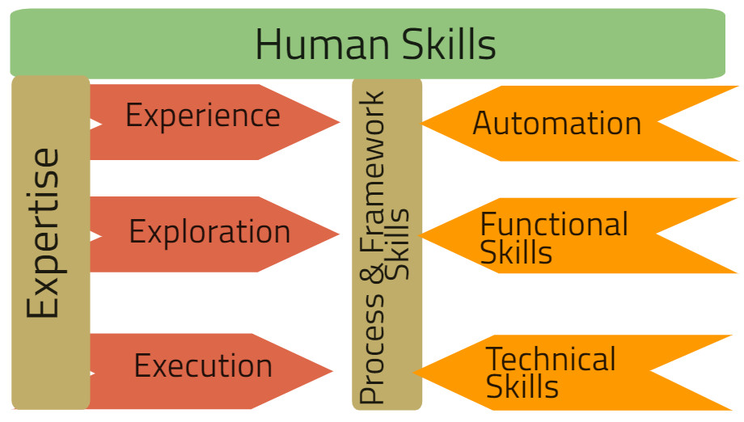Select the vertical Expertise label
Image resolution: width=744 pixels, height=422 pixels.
point(44,233)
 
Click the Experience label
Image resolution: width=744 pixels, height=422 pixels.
point(202,116)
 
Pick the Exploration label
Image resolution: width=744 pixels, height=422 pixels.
point(209,233)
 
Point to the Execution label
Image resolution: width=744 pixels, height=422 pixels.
point(203,366)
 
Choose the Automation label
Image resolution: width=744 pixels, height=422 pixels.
point(556,124)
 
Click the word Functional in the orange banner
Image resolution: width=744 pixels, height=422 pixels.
point(554,224)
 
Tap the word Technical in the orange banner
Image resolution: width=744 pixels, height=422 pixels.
point(550,359)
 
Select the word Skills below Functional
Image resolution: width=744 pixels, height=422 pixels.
point(516,252)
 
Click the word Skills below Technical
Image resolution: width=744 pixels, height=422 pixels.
point(522,386)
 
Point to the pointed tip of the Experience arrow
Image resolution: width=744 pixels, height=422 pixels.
point(338,123)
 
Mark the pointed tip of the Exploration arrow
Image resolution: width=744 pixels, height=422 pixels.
point(338,235)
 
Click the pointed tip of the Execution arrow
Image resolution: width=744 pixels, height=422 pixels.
point(332,372)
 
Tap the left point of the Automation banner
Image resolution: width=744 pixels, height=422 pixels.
point(423,124)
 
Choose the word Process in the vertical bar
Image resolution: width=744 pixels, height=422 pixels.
point(372,348)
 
